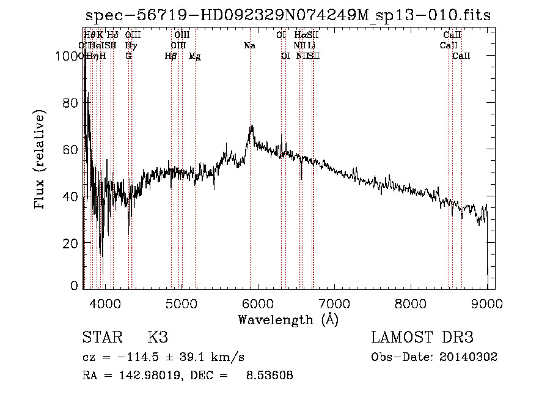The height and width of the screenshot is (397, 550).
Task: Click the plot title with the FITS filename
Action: [x=288, y=15]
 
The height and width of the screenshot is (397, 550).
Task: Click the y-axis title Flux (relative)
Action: [x=41, y=160]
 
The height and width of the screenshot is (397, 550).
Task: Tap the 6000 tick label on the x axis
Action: [x=257, y=303]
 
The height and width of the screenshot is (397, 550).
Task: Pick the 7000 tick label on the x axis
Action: [x=334, y=303]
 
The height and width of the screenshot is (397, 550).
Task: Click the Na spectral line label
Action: [x=249, y=45]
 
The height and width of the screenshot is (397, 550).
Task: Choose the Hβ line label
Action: [x=170, y=56]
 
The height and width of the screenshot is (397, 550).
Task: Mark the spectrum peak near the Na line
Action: [x=251, y=127]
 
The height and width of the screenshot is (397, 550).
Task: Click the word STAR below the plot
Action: [x=101, y=338]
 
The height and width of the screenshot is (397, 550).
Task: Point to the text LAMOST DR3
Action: [x=422, y=338]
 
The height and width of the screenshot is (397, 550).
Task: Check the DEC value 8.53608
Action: [x=268, y=376]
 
